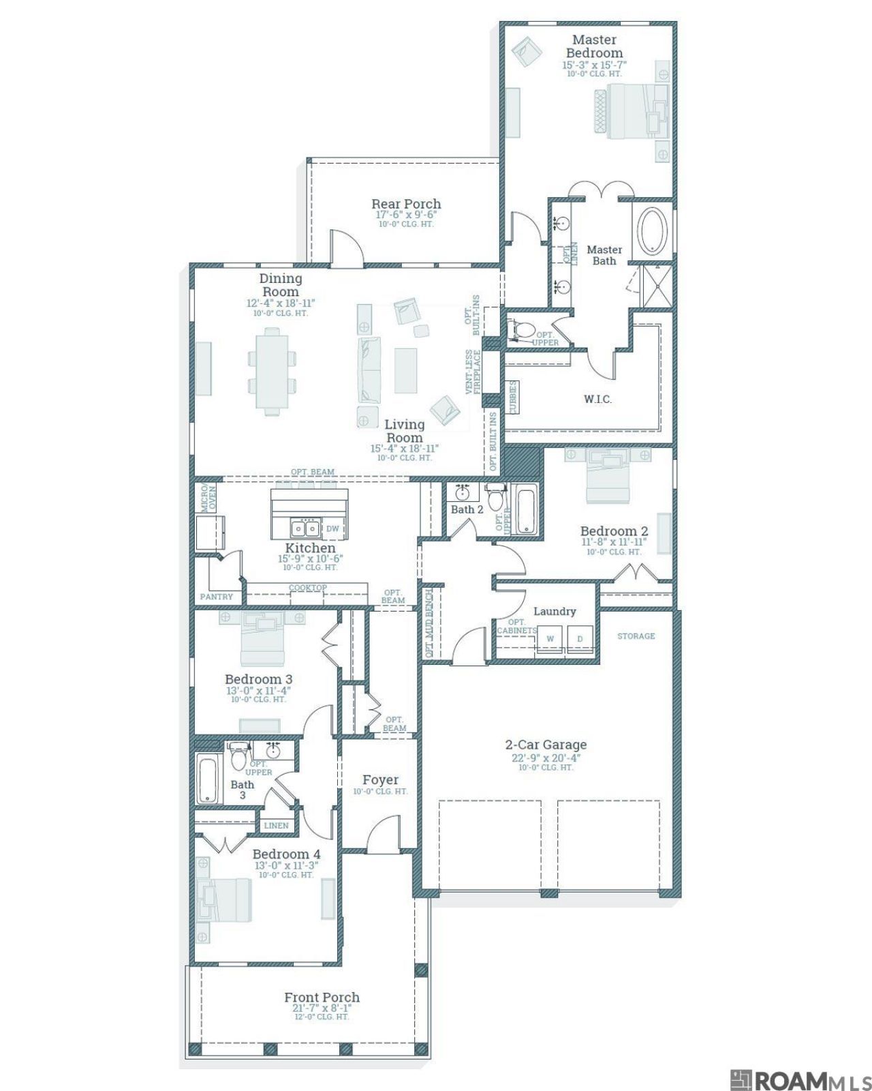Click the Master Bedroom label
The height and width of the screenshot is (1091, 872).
pos(594,46)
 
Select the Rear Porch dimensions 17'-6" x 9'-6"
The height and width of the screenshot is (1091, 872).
pos(406,214)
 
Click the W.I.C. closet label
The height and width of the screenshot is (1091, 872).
pos(597,399)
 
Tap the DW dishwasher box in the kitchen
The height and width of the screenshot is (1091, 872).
pos(332,528)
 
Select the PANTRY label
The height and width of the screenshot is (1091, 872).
pos(217,597)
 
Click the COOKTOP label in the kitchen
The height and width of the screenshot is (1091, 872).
pos(307,588)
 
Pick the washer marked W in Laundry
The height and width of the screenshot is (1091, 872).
pos(550,640)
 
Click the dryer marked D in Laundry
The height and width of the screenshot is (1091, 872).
pos(580,640)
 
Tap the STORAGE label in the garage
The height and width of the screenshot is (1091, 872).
pos(636,636)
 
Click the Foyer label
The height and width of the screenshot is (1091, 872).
pos(380,779)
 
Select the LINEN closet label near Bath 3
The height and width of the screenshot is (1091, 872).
pos(276,826)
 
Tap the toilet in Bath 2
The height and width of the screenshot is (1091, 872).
pos(496,495)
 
